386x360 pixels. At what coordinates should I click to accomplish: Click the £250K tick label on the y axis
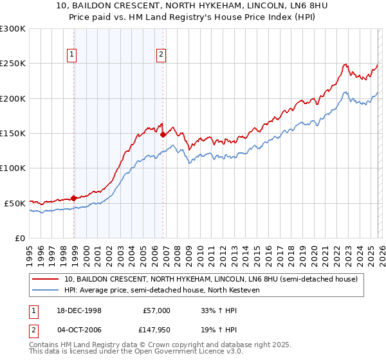13,64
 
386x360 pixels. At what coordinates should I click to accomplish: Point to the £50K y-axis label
15,203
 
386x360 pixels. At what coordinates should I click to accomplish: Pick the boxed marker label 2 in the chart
160,55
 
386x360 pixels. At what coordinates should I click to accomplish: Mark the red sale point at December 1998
74,198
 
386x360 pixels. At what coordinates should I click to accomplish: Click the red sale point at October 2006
163,134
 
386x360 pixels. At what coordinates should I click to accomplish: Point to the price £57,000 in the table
156,310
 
